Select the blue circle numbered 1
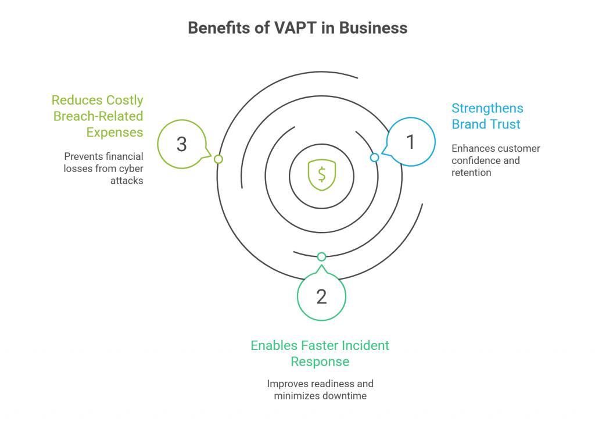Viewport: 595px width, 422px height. [411, 142]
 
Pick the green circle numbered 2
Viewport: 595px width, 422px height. [321, 296]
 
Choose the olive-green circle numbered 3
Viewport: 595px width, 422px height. [182, 144]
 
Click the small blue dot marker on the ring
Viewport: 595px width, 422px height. [374, 158]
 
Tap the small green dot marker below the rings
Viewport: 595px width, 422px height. [321, 256]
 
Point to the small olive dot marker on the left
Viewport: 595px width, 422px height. [218, 159]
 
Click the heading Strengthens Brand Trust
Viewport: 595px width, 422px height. [487, 116]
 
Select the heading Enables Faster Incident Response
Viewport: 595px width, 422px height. [320, 353]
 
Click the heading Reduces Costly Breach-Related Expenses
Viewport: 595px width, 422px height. [98, 116]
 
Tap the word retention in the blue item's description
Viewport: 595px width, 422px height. [471, 173]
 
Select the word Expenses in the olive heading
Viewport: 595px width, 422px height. [114, 133]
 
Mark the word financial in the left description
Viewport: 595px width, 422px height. [123, 156]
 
